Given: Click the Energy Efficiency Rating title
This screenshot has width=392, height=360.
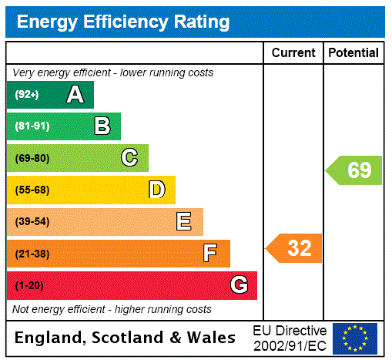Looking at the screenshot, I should [123, 22].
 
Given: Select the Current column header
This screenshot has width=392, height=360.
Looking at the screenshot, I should [293, 52].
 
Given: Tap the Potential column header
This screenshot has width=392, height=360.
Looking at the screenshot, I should [353, 52].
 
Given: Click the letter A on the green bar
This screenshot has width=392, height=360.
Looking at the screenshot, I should [75, 95].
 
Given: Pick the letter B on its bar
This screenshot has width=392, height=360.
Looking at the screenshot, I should [102, 126].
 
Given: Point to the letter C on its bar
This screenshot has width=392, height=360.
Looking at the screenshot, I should [129, 158].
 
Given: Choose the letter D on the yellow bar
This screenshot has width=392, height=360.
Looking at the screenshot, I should [156, 190].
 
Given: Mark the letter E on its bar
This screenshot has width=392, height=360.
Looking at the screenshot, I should [184, 222].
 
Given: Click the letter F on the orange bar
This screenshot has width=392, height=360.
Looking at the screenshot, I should [209, 254].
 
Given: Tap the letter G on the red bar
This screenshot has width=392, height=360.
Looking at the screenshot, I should [239, 285].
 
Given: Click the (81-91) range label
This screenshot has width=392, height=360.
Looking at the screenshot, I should [31, 126].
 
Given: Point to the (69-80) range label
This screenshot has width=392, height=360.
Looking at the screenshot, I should [32, 158].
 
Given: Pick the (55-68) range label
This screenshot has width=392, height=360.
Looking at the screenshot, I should [32, 190].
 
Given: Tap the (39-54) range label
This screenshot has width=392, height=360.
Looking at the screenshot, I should [32, 222].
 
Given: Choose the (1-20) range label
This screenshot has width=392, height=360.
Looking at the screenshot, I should [29, 285].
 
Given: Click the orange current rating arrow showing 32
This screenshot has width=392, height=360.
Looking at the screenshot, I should [295, 248].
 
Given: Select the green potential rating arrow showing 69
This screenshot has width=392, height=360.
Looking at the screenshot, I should [355, 170].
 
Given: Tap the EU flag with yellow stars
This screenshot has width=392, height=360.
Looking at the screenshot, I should [355, 338].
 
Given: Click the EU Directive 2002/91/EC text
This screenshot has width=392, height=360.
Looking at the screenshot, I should [290, 338].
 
